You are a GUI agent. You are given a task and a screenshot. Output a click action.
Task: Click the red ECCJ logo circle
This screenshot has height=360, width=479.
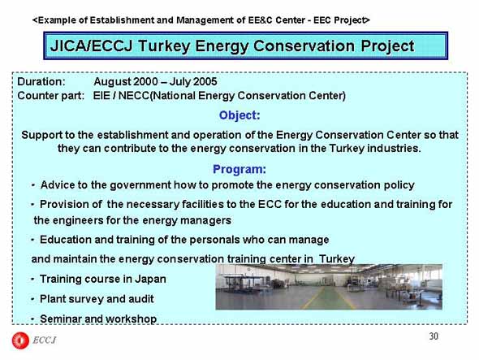20,340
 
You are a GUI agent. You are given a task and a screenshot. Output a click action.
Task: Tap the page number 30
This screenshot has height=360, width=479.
434,336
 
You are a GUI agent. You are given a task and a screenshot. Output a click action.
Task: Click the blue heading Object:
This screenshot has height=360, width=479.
239,115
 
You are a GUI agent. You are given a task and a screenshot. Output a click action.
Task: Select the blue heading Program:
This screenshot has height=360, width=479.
239,169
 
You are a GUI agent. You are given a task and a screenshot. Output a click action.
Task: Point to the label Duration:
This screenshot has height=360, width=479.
41,81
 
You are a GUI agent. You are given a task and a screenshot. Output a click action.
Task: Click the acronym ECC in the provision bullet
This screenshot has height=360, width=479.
270,204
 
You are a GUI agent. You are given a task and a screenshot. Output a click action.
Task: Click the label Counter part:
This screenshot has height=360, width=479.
50,96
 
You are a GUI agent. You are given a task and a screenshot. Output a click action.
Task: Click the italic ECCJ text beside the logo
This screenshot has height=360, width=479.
45,340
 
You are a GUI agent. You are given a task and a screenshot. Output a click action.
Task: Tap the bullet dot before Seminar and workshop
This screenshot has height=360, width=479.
32,319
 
